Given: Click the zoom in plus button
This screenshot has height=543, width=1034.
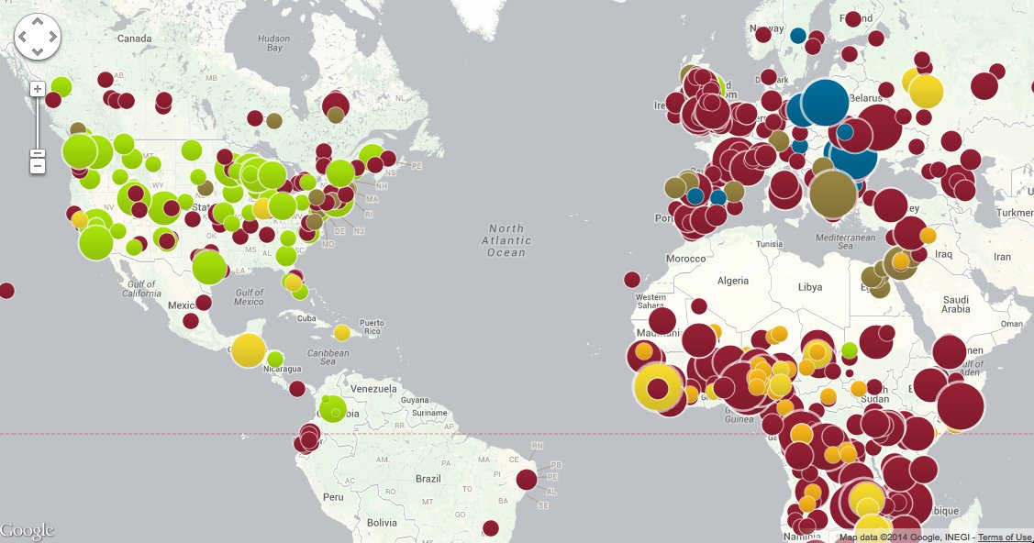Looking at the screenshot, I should click(x=37, y=89).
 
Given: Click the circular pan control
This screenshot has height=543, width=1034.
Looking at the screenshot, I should click(x=37, y=37).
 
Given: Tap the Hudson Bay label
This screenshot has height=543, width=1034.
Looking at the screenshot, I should click(x=273, y=42).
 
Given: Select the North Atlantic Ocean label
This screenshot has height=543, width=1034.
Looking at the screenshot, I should click(x=506, y=240).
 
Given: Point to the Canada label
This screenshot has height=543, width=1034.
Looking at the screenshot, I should click(x=134, y=39).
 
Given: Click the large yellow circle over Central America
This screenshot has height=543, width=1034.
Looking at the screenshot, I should click(x=248, y=349).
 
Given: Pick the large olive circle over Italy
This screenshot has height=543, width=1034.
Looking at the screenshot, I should click(x=833, y=194).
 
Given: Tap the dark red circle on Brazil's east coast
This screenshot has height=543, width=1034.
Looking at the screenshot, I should click(x=526, y=479).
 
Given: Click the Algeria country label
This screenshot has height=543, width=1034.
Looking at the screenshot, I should click(x=732, y=281).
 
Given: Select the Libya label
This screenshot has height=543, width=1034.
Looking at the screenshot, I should click(x=810, y=287).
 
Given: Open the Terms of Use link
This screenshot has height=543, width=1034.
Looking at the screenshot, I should click(x=1005, y=537).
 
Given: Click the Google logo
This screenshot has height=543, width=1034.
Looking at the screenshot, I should click(x=27, y=531).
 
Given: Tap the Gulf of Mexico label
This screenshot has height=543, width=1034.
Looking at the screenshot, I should click(x=249, y=296).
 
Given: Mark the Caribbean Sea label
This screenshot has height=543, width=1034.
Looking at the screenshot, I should click(x=328, y=357).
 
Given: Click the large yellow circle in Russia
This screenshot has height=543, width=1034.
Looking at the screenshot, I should click(x=926, y=91).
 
